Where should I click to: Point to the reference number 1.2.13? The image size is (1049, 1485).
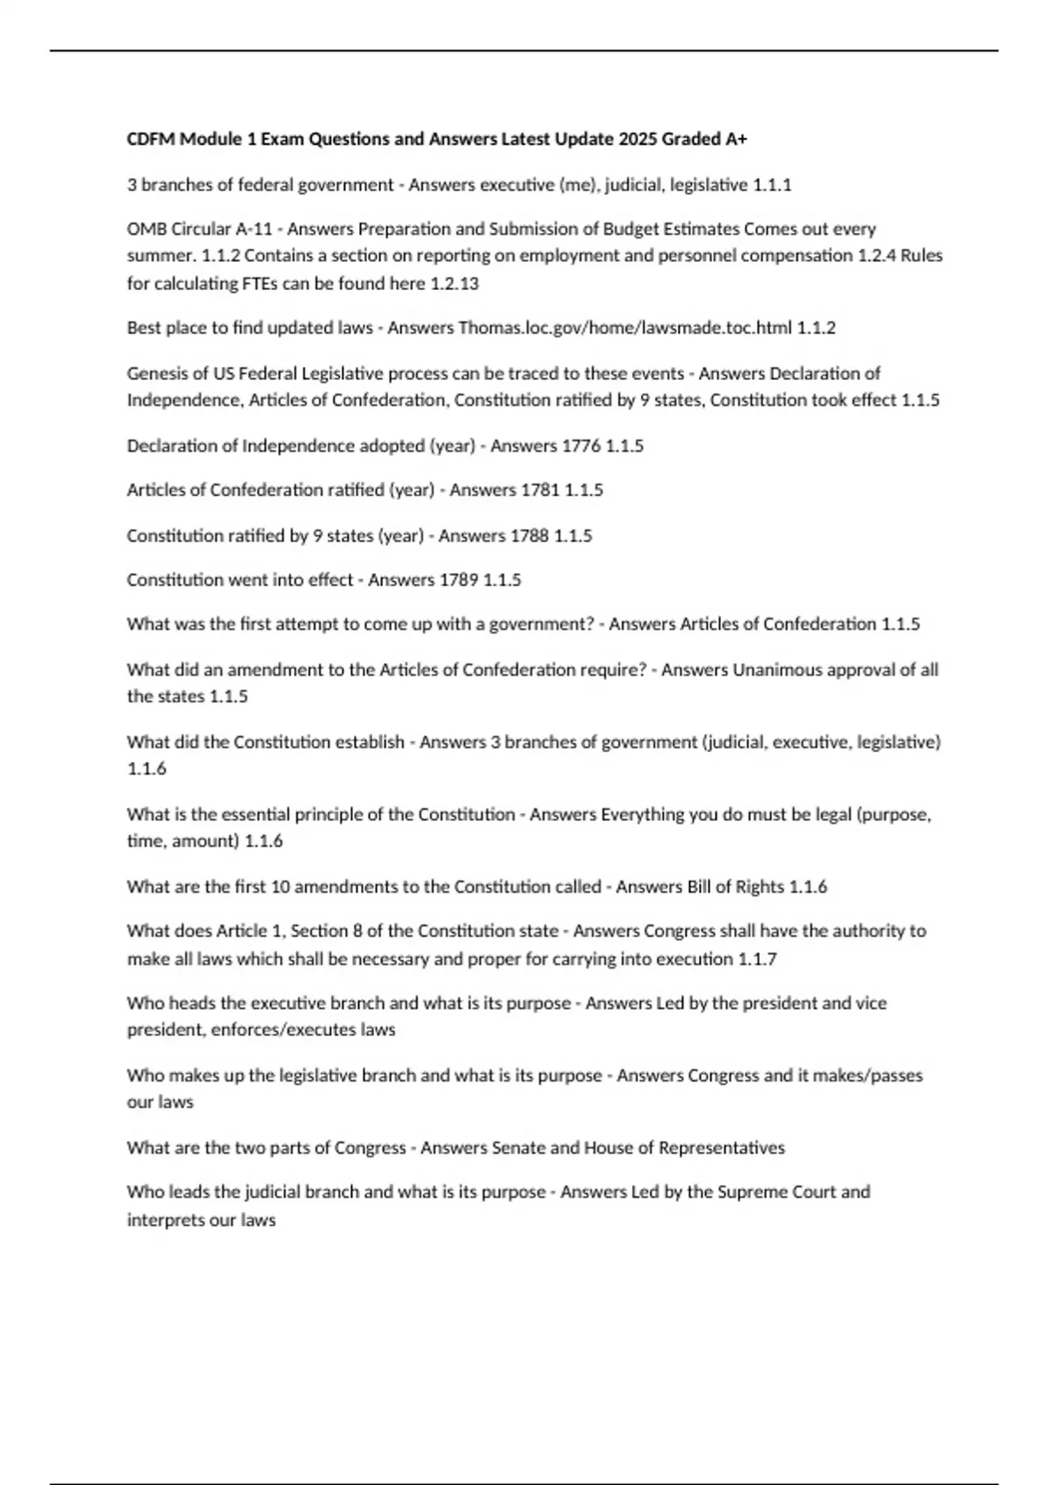point(455,283)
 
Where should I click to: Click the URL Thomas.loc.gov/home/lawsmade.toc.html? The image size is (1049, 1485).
point(625,328)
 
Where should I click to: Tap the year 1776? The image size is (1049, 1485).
point(580,445)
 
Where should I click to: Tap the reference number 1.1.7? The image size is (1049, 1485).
point(757,959)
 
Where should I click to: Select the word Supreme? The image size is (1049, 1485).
point(752,1192)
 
